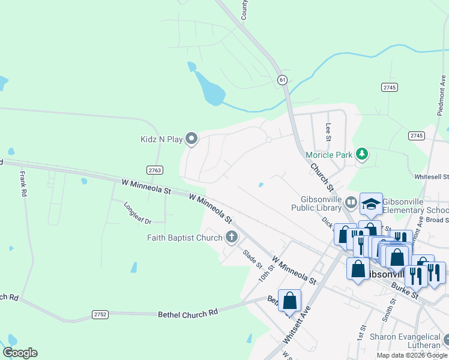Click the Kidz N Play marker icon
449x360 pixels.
(192, 139)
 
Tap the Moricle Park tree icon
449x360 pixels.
(361, 155)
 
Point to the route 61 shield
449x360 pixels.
(282, 79)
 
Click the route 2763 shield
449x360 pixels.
(155, 170)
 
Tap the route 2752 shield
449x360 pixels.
(100, 314)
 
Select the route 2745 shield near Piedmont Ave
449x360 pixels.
(417, 136)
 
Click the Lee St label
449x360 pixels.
(328, 131)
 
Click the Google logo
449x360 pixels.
(20, 353)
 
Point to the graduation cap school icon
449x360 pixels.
(371, 203)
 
